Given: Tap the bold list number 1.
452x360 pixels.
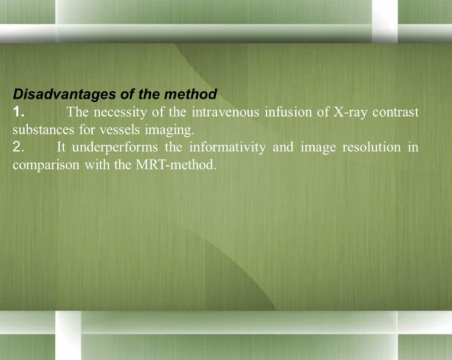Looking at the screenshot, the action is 19,112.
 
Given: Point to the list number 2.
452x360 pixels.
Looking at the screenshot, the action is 19,147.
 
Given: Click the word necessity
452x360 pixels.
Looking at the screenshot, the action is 120,113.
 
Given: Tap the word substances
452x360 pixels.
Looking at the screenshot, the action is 43,130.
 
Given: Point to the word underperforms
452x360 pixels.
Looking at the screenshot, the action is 115,147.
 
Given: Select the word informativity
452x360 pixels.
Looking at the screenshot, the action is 227,147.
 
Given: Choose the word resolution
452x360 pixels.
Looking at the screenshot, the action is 371,147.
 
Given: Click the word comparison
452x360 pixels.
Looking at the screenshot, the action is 45,165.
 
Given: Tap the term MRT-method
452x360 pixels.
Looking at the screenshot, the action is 175,165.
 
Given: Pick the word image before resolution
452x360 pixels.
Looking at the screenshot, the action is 318,148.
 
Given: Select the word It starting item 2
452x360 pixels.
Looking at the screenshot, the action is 61,147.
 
